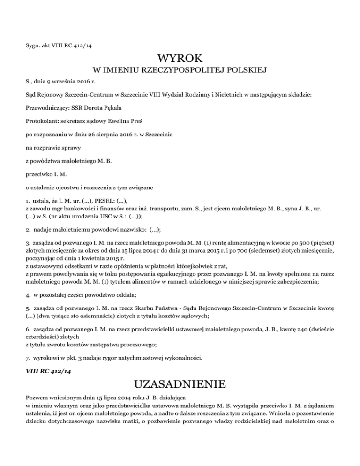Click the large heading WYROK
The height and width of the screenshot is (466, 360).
coord(180,59)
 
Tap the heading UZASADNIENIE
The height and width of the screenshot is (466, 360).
coord(180,385)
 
